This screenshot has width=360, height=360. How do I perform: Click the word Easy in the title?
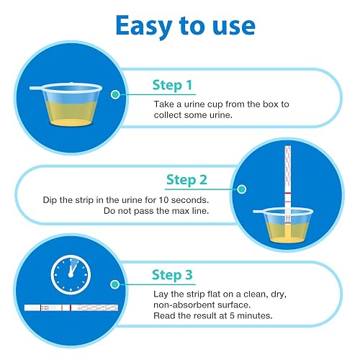pos(144,27)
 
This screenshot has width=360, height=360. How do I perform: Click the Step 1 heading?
pos(172,85)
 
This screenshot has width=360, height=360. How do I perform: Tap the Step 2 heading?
pos(186,180)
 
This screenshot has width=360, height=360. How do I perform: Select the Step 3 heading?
pos(172,275)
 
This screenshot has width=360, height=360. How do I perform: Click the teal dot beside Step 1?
pos(115,94)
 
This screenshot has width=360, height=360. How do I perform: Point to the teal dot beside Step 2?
pos(242,189)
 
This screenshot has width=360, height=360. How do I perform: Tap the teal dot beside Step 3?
pos(115,284)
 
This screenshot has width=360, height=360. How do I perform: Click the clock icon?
pos(71,275)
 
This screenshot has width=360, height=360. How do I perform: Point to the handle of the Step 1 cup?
pos(37,89)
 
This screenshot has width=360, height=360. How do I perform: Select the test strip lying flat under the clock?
pos(71,307)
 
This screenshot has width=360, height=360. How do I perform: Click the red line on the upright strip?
pos(288,193)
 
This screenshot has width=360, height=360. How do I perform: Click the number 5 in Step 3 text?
pos(232,315)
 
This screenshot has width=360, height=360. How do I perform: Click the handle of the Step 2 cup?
pos(259,212)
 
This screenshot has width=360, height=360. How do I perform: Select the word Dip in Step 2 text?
pos(50,200)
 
